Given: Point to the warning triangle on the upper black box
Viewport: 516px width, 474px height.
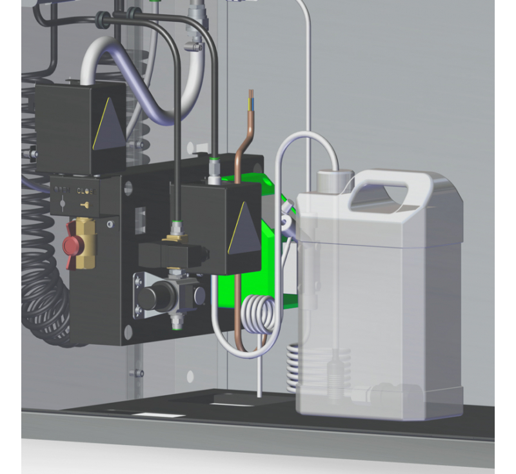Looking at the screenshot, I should (x=109, y=127).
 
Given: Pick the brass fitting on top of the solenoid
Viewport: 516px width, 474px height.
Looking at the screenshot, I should (x=174, y=236).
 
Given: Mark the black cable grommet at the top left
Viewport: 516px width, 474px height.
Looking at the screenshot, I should (x=101, y=21).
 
